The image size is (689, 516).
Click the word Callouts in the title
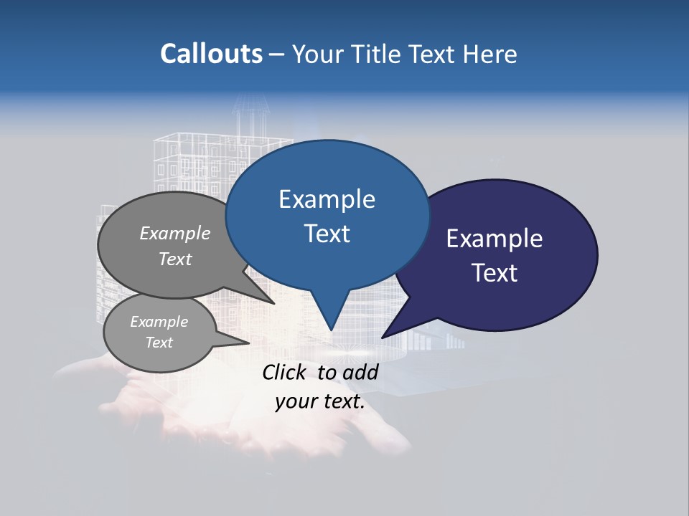point(211,54)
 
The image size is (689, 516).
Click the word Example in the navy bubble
point(495,239)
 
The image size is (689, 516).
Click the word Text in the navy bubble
point(495,273)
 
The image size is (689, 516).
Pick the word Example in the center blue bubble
point(327,199)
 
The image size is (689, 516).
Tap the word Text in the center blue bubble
point(327,234)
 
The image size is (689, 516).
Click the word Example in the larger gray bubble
point(175,233)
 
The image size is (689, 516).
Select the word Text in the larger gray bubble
point(175,259)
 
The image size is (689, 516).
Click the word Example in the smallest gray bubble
point(159,322)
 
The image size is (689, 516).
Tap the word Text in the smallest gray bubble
point(159,343)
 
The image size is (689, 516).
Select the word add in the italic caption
point(361,372)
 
